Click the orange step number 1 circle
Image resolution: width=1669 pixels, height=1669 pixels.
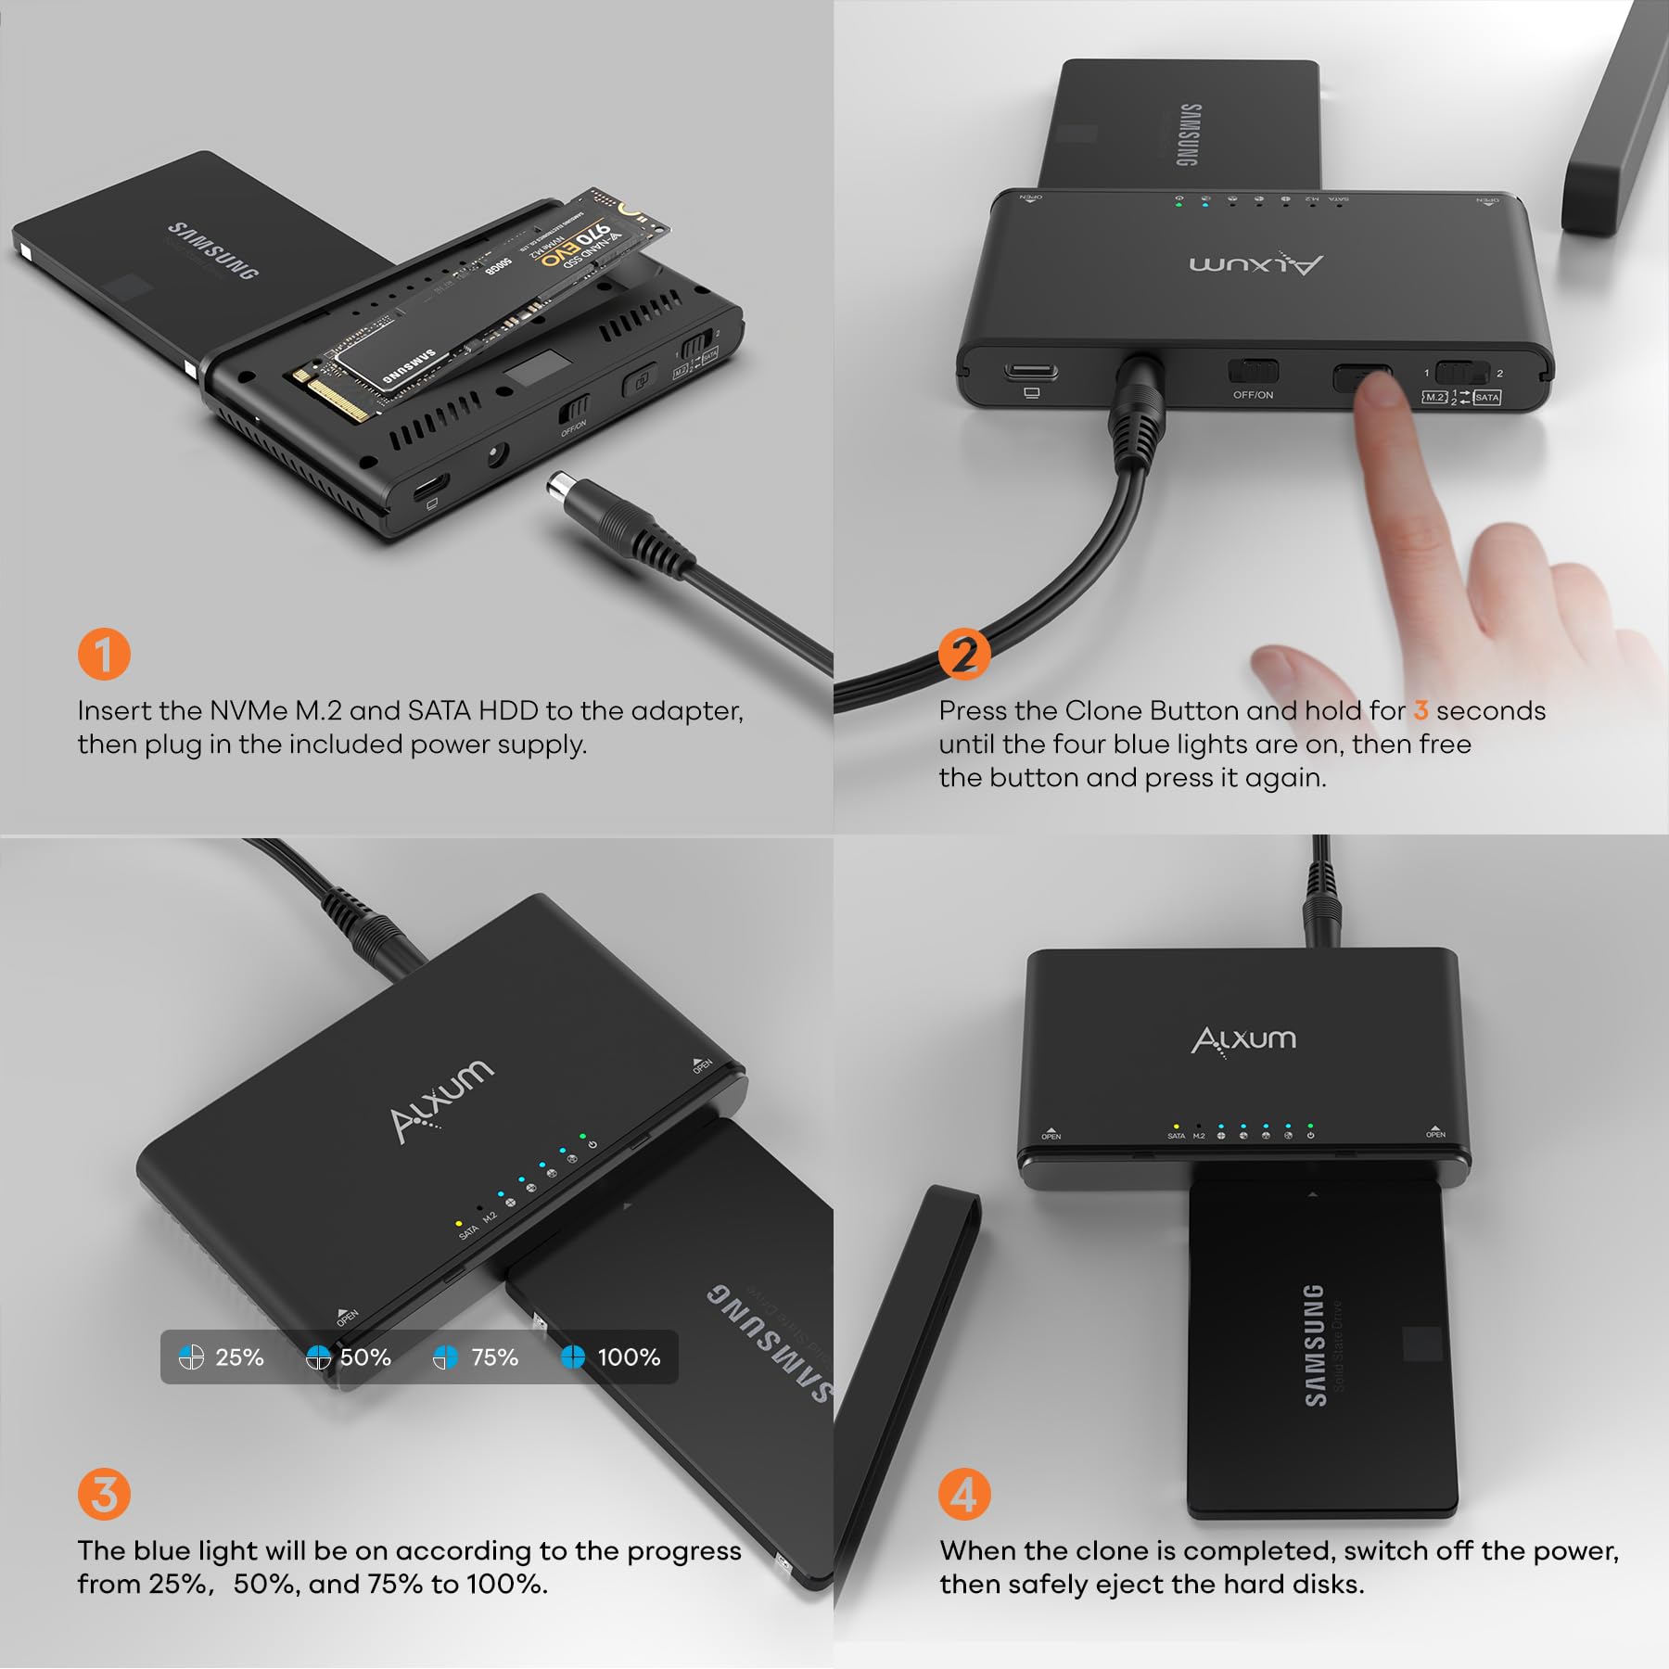104,654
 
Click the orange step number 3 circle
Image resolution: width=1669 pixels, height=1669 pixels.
104,1494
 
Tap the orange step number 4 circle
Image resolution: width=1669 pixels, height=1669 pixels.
964,1494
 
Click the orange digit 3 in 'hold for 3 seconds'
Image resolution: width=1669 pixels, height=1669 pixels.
1421,711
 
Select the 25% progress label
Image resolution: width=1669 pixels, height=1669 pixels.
239,1357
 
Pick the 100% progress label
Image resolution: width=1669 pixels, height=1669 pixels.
629,1357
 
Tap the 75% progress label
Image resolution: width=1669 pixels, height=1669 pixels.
494,1357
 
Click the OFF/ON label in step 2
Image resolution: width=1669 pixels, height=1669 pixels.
1253,395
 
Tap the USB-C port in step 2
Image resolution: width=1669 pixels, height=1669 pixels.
1030,373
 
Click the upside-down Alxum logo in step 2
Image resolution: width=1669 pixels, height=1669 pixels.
1256,264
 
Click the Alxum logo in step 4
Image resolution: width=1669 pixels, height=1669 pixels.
1243,1039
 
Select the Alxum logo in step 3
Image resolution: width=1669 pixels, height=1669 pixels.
441,1101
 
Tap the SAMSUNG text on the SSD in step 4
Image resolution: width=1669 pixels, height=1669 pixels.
1314,1344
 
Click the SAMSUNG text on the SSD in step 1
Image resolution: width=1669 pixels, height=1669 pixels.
212,250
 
